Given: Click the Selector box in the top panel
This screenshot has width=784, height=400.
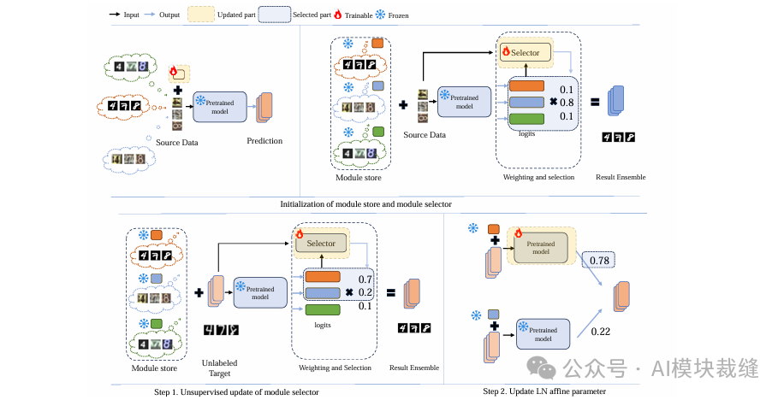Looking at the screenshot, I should click(x=525, y=53).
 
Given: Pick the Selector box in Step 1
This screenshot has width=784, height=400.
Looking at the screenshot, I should click(x=321, y=244).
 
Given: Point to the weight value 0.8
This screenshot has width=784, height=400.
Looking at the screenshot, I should click(x=566, y=103).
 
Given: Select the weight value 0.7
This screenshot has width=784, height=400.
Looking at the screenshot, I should click(x=365, y=279).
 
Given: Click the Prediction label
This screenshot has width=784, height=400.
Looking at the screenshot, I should click(x=264, y=141).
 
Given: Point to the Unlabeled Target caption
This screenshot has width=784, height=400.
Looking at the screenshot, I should click(x=220, y=368).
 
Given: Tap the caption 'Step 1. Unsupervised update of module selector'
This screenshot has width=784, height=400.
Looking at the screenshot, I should click(x=236, y=391).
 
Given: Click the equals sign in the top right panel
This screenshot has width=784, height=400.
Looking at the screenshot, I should click(x=593, y=103).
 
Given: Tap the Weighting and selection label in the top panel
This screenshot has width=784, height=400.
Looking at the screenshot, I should click(x=539, y=177).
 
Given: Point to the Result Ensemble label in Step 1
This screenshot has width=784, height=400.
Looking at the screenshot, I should click(x=414, y=368).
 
